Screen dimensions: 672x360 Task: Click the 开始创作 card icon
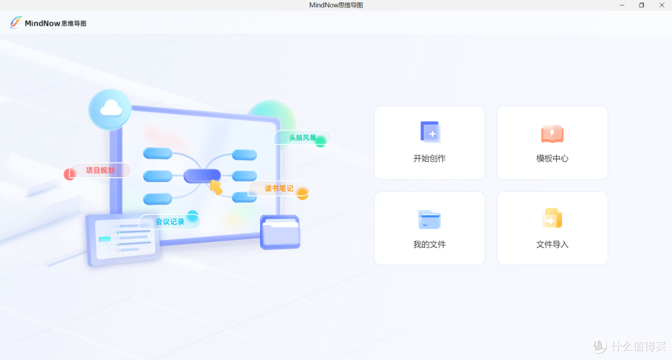(430, 132)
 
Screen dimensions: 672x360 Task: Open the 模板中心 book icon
(553, 133)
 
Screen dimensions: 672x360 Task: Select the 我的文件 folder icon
(429, 219)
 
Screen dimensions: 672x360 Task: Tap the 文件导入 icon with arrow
(553, 218)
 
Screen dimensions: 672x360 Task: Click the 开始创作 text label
(429, 159)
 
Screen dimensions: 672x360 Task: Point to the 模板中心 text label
(553, 159)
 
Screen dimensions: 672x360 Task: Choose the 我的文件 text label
(429, 244)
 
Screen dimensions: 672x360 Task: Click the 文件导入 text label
(553, 244)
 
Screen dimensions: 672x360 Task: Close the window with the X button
(661, 5)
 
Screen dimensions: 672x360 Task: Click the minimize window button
(622, 5)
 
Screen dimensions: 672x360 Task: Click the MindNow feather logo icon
(16, 22)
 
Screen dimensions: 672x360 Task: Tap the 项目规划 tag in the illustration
(100, 170)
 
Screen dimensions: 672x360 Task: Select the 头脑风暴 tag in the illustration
(302, 137)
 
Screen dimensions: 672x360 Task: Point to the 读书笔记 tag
(279, 188)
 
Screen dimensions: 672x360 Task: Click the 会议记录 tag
(170, 221)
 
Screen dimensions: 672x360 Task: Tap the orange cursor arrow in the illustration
(216, 187)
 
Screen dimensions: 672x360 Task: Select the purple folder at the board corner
(280, 232)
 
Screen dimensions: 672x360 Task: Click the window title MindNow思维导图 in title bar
(336, 5)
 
